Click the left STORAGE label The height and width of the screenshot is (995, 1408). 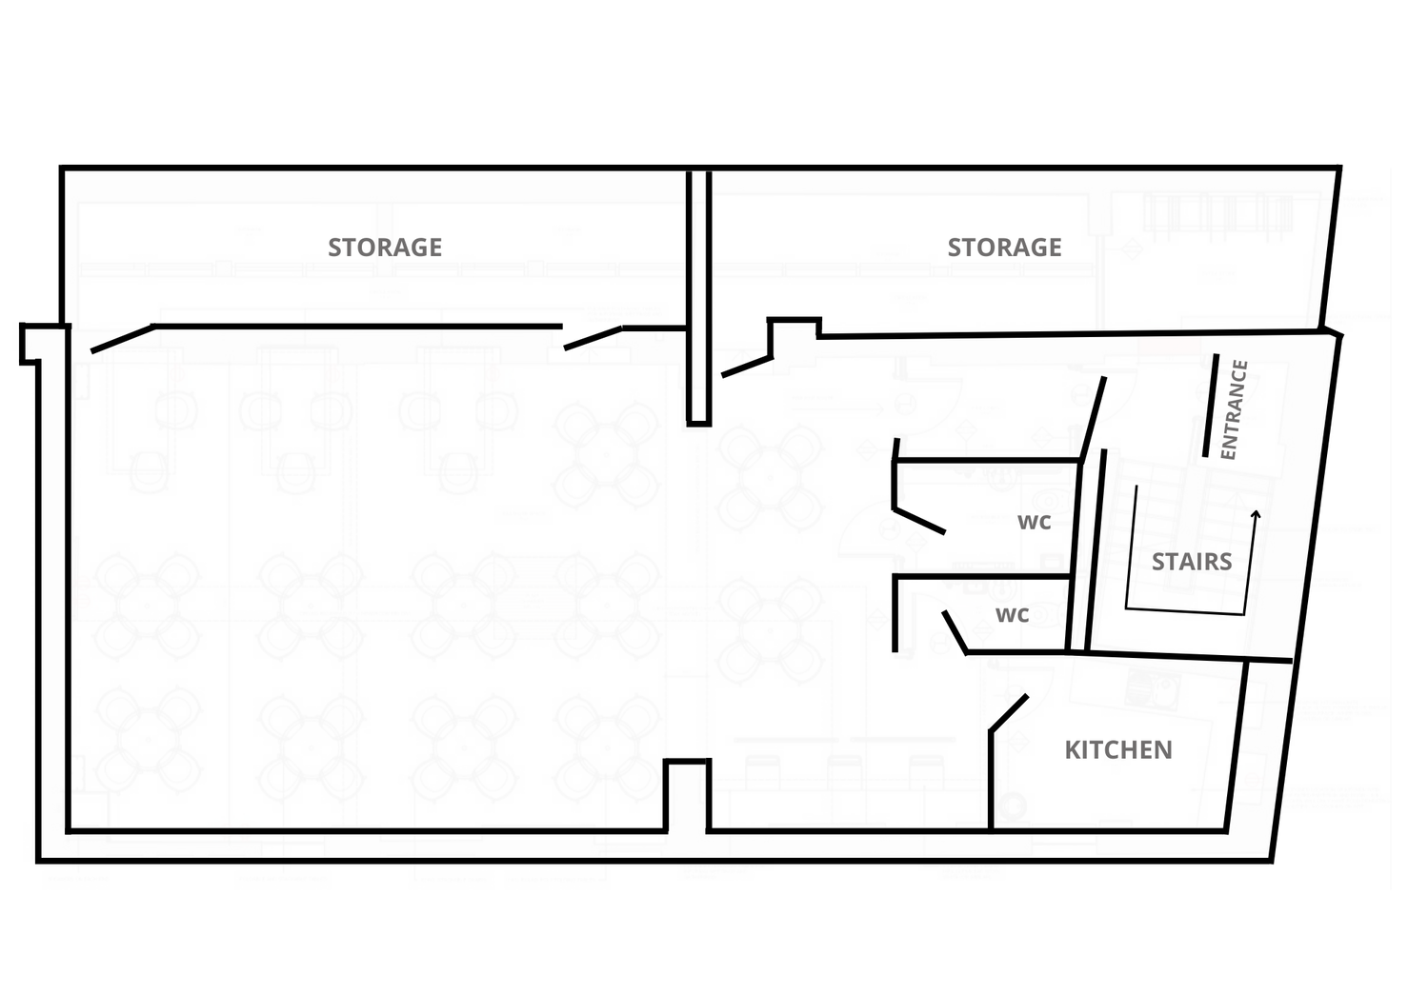tap(385, 248)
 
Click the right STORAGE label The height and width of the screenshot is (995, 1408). tap(1004, 248)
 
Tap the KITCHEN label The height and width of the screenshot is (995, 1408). tap(1118, 750)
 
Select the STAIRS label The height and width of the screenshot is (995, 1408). tap(1192, 562)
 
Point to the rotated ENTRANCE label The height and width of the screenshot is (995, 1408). tap(1234, 409)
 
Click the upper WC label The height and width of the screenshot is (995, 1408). tap(1034, 522)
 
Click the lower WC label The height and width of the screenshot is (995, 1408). tap(1012, 615)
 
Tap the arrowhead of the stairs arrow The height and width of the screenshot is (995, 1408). tap(1256, 514)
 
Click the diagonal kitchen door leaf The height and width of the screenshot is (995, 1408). tap(1009, 713)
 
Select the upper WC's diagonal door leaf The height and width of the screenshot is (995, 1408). tap(919, 522)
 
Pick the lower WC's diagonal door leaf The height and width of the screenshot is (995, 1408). tap(955, 632)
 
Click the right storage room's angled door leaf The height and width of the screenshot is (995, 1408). tap(747, 367)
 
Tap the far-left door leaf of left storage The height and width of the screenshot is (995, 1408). tap(123, 339)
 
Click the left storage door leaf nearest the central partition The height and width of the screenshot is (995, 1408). tap(593, 338)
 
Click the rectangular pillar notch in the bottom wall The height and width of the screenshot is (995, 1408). tap(687, 795)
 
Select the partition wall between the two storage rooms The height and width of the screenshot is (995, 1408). tap(699, 298)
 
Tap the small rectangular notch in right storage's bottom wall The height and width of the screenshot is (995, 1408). tap(794, 328)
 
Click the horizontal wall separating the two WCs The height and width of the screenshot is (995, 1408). tap(981, 576)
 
